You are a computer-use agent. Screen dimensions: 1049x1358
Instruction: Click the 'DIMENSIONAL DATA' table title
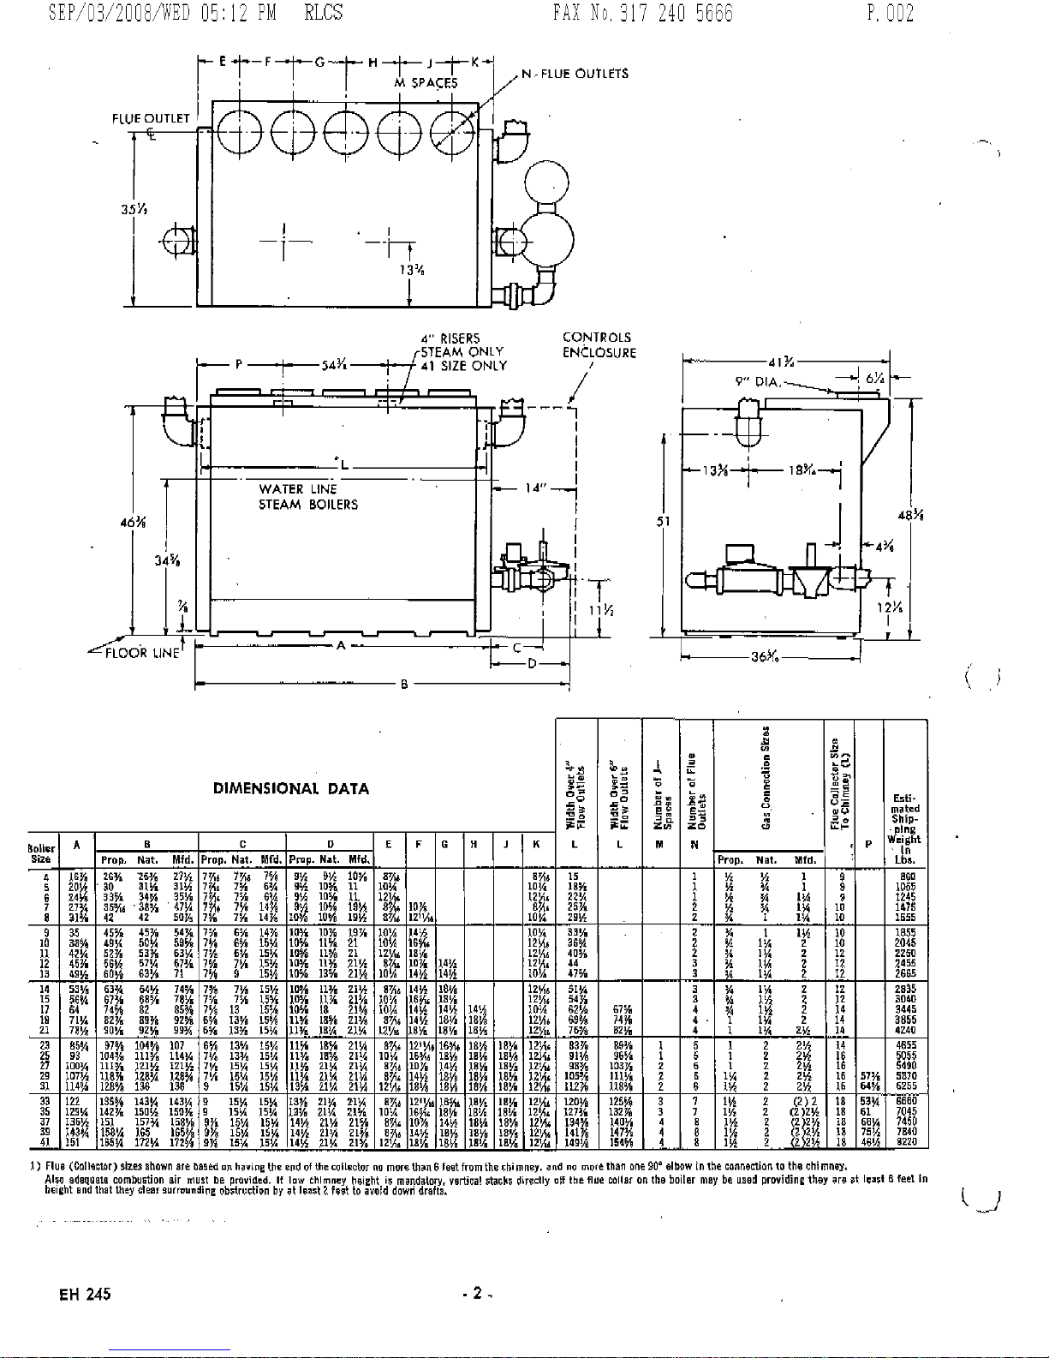coord(290,789)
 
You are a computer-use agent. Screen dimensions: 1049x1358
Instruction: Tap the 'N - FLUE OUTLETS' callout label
coord(575,74)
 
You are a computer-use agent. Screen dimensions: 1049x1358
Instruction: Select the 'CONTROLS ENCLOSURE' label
coord(599,345)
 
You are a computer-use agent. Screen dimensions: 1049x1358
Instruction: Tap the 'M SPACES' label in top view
coord(426,83)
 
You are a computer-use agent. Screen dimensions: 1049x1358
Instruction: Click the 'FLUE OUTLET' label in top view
coord(151,118)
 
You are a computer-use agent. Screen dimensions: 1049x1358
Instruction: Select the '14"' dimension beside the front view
coord(535,488)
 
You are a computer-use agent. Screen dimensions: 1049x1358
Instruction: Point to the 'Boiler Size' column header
coord(41,853)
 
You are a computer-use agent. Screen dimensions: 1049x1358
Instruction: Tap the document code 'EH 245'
coord(85,1294)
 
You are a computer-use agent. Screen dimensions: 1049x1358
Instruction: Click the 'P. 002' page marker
coord(891,13)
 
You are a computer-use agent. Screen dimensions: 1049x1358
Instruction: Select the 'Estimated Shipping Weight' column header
coord(904,821)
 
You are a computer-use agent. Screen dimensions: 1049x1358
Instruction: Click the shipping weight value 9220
coord(905,1142)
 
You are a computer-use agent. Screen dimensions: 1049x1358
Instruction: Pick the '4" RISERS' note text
coord(450,338)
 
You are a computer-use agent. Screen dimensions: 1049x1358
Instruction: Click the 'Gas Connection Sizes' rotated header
coord(766,776)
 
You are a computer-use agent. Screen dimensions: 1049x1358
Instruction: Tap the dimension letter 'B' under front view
coord(403,685)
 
